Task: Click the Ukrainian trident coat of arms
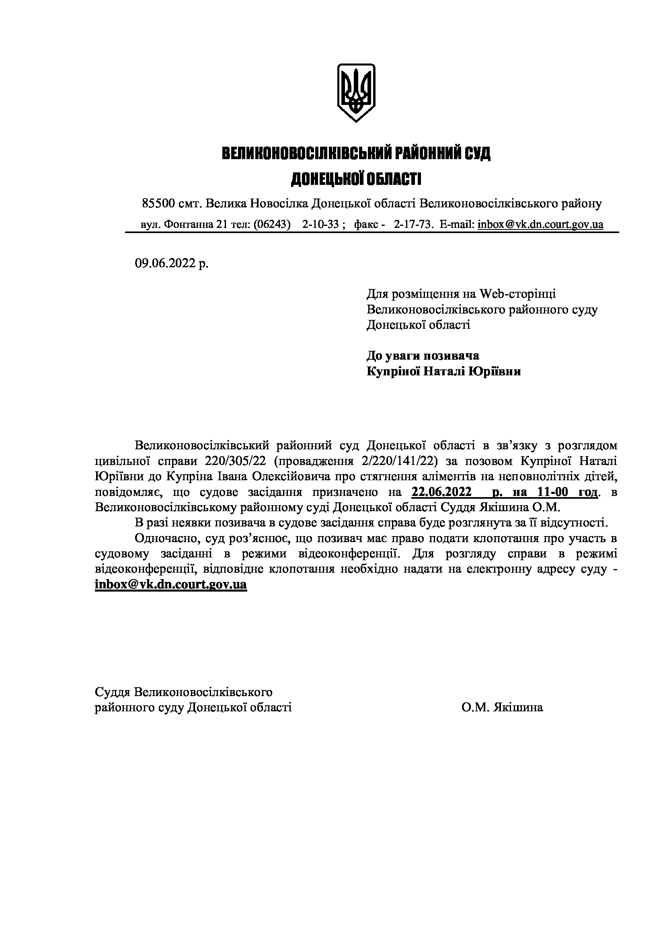coord(356,92)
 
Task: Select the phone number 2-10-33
coord(320,224)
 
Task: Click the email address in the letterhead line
coord(540,224)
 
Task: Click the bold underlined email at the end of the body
coord(171,584)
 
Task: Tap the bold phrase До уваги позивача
coord(423,356)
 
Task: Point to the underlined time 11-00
coord(550,492)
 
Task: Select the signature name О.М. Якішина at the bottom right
coord(502,707)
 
